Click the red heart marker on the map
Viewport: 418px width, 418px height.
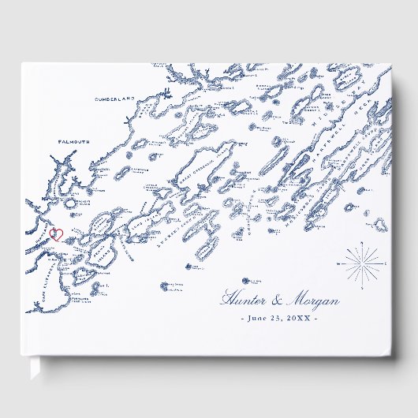pyautogui.click(x=56, y=234)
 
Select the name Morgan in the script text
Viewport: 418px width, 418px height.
pyautogui.click(x=313, y=300)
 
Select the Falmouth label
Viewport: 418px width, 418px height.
pyautogui.click(x=74, y=142)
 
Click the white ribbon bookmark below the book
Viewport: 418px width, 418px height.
pyautogui.click(x=36, y=371)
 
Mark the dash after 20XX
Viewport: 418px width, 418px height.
pyautogui.click(x=316, y=319)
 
